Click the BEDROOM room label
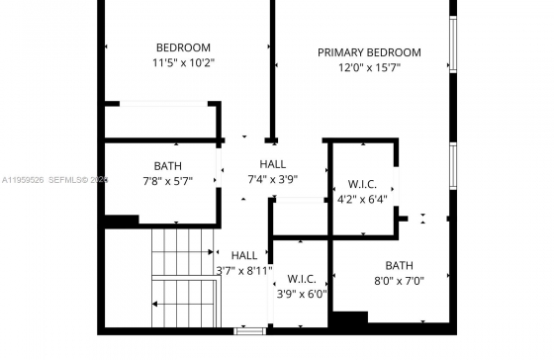pos(183,47)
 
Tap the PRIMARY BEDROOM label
pos(369,52)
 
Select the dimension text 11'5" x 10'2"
pos(183,63)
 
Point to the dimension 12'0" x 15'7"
pos(370,67)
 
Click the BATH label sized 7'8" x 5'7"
pos(168,166)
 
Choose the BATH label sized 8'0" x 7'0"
pos(399,265)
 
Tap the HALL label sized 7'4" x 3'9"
pos(273,164)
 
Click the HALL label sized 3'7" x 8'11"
pos(244,255)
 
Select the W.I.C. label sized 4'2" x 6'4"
pos(362,184)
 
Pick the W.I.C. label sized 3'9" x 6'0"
pos(302,279)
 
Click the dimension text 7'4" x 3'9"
pos(273,179)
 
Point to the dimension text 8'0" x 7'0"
pos(400,281)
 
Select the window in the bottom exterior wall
pos(249,331)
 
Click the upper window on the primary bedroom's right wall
pos(453,45)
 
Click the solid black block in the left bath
pos(121,221)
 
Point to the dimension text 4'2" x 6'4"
pos(362,200)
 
